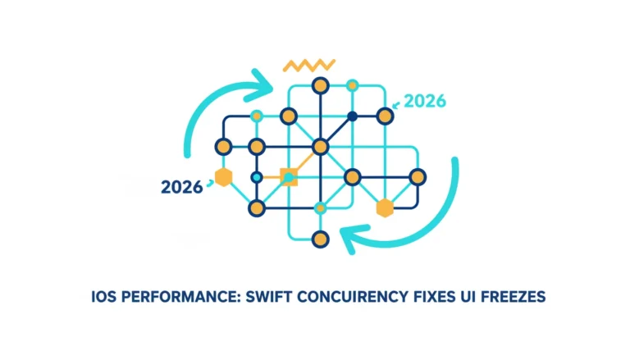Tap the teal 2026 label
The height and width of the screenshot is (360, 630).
click(425, 101)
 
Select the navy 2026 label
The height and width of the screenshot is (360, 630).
click(181, 187)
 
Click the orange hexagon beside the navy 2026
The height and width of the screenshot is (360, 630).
click(223, 177)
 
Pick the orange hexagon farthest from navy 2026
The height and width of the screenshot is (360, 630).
click(385, 208)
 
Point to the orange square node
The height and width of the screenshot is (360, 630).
click(289, 177)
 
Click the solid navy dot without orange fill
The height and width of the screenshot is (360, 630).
click(353, 116)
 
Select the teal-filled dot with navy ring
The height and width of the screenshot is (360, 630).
click(256, 177)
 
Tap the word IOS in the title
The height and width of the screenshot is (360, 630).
click(103, 297)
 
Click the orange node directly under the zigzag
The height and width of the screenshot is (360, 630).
click(320, 85)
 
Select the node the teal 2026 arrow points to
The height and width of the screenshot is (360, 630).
click(385, 116)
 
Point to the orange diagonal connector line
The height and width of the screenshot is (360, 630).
click(304, 162)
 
